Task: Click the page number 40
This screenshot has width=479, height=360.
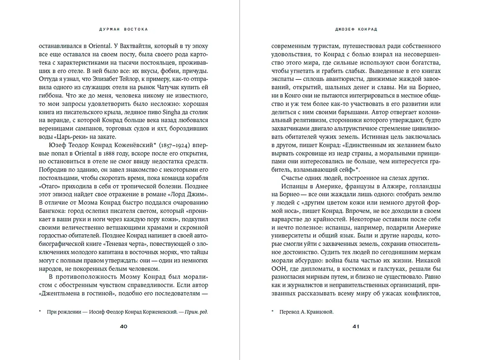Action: click(x=123, y=326)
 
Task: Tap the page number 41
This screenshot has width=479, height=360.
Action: click(x=356, y=326)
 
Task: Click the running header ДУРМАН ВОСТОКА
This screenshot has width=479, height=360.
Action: click(x=123, y=29)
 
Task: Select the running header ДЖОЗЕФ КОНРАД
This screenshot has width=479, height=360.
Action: click(x=356, y=29)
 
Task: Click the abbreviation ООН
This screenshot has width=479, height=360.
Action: click(x=278, y=269)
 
